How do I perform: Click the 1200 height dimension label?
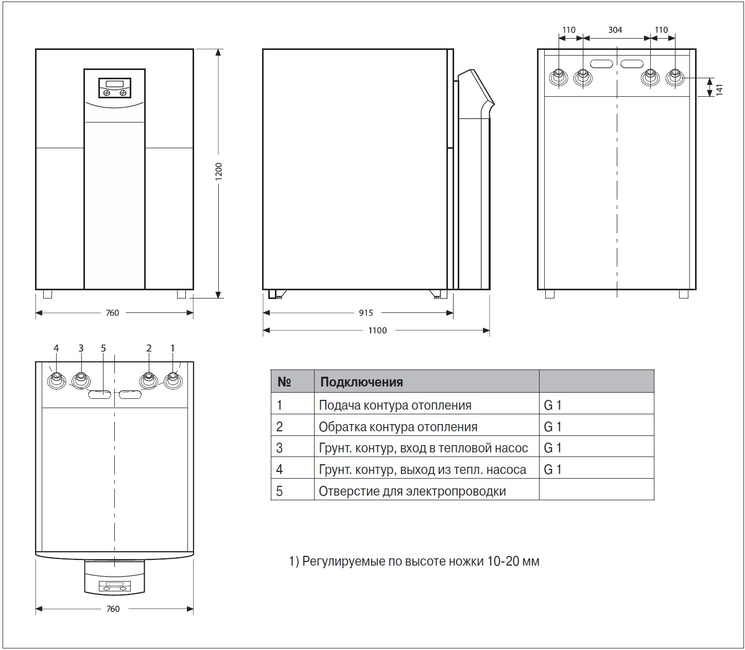pyautogui.click(x=218, y=171)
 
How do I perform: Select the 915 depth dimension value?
pyautogui.click(x=366, y=312)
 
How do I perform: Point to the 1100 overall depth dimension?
pyautogui.click(x=377, y=330)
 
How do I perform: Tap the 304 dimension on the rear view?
pyautogui.click(x=615, y=30)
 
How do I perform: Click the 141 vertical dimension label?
pyautogui.click(x=719, y=90)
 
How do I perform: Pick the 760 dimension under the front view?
pyautogui.click(x=113, y=313)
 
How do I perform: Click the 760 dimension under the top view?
pyautogui.click(x=113, y=609)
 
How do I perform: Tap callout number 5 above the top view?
pyautogui.click(x=103, y=348)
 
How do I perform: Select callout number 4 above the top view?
pyautogui.click(x=56, y=348)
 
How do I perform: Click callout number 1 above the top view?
pyautogui.click(x=172, y=348)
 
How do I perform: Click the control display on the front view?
pyautogui.click(x=115, y=87)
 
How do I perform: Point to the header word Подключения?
pyautogui.click(x=361, y=382)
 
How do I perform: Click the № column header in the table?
pyautogui.click(x=284, y=382)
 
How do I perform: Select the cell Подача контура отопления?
pyautogui.click(x=395, y=405)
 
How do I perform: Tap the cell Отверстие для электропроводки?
pyautogui.click(x=412, y=491)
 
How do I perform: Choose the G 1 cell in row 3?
pyautogui.click(x=552, y=448)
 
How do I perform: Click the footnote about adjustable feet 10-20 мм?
pyautogui.click(x=414, y=561)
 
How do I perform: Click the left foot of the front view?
pyautogui.click(x=47, y=294)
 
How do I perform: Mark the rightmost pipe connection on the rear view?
pyautogui.click(x=675, y=78)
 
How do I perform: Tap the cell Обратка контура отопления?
pyautogui.click(x=398, y=427)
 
